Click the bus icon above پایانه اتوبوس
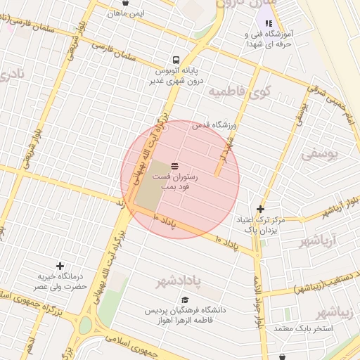tap(175, 60)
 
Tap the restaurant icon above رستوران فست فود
tap(174, 165)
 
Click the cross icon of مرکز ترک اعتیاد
tap(260, 209)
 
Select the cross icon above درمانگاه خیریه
tap(60, 266)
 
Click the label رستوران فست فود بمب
tap(176, 184)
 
